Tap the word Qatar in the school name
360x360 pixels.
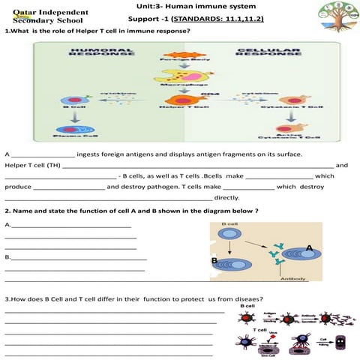21,13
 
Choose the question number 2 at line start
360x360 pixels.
7,211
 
